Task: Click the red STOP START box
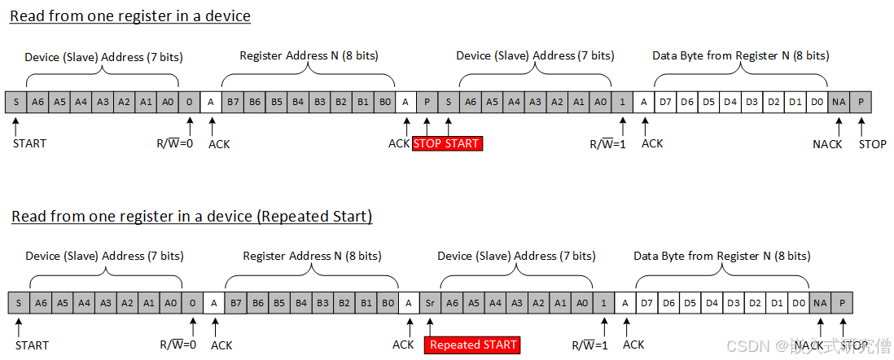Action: tap(447, 143)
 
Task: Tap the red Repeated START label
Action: tap(473, 345)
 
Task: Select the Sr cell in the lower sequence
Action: tap(431, 303)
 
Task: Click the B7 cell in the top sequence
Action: tap(233, 102)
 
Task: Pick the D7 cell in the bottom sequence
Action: tap(646, 303)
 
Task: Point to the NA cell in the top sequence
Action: tap(839, 102)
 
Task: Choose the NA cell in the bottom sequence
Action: tap(820, 303)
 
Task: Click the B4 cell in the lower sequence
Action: tap(299, 303)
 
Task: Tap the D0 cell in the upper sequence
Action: tap(817, 102)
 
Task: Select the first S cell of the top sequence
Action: tap(15, 102)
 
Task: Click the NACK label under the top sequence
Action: tap(828, 144)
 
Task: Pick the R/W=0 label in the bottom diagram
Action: tap(177, 345)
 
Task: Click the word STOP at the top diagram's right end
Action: tap(872, 144)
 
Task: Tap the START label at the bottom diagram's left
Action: tap(32, 345)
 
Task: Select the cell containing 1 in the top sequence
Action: tap(622, 102)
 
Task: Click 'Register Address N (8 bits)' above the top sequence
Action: tap(309, 56)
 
